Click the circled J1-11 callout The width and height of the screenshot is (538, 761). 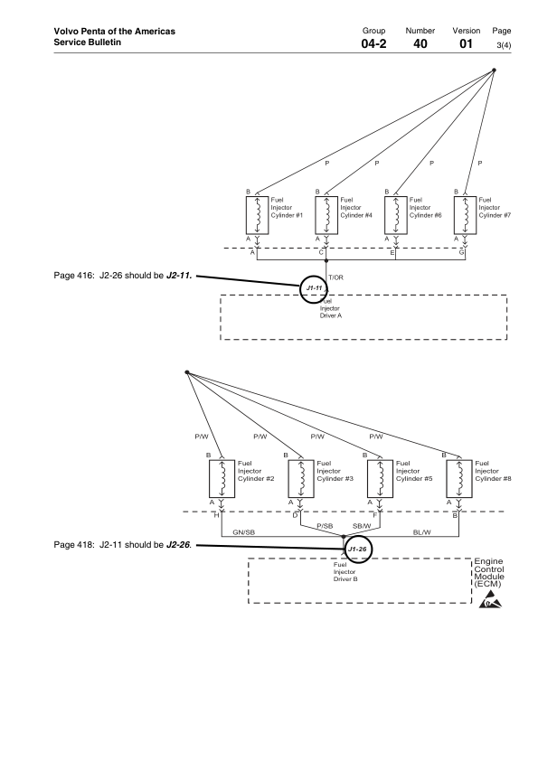tap(314, 288)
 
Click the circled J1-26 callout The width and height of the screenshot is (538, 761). tap(358, 550)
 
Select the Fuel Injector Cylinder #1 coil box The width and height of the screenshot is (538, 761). tap(258, 215)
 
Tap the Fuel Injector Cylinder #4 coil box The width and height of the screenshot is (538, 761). tap(326, 215)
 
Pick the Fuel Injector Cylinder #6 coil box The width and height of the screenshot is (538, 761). tap(396, 215)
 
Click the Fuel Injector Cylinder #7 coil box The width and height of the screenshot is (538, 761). tap(465, 215)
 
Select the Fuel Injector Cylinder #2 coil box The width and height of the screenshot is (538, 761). tap(222, 479)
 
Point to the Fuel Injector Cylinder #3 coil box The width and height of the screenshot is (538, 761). tap(301, 479)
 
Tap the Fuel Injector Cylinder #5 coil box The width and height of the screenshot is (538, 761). tap(380, 479)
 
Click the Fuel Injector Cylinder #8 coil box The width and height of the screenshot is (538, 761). tap(459, 479)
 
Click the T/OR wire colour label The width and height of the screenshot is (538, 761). tap(335, 277)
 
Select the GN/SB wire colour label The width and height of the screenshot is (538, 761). tap(244, 532)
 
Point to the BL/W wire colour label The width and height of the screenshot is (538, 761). tap(422, 532)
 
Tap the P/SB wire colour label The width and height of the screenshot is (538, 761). tap(325, 526)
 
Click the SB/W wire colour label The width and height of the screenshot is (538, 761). tap(362, 526)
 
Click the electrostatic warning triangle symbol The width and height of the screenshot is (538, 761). tap(490, 600)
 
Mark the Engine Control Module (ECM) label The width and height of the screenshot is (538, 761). tap(489, 573)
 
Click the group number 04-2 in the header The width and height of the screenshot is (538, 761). tap(373, 43)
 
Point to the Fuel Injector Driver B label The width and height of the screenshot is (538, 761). tap(345, 572)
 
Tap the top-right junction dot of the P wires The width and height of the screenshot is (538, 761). tap(494, 70)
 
